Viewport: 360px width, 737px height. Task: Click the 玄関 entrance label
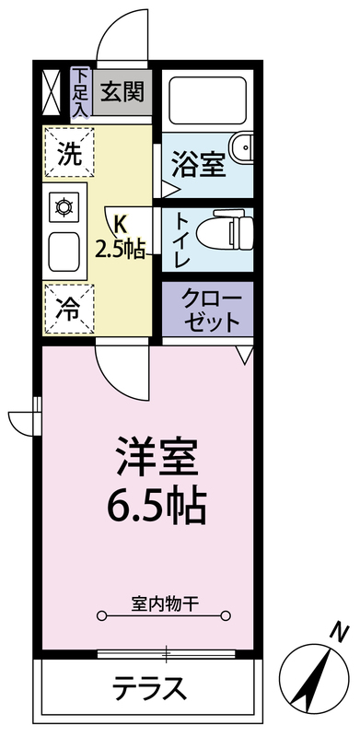click(122, 91)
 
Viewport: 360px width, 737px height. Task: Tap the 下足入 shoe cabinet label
click(81, 92)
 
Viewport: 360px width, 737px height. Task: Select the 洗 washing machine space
click(69, 153)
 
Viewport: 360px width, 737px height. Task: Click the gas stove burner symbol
click(64, 206)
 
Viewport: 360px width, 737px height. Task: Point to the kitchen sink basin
click(64, 252)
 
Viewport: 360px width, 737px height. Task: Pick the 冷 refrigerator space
click(69, 309)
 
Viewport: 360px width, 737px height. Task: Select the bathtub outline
click(207, 99)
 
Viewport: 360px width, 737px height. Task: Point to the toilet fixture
click(226, 229)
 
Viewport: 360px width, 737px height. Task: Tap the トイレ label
click(181, 240)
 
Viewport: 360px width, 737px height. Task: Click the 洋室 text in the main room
click(157, 456)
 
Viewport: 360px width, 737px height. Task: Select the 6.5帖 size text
click(157, 506)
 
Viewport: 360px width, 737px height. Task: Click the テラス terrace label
click(149, 690)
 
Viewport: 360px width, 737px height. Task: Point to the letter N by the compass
click(339, 631)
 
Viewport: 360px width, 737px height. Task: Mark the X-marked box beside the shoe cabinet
click(52, 92)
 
